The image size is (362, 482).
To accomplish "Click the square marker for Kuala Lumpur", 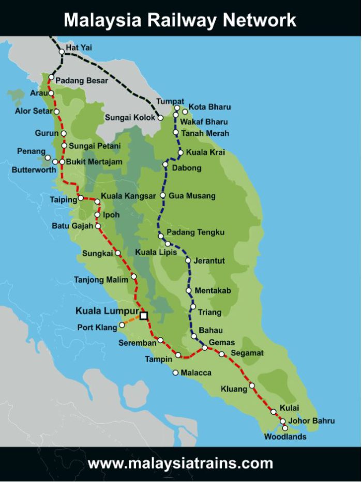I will [x=144, y=315].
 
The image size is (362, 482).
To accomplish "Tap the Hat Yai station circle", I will [x=62, y=52].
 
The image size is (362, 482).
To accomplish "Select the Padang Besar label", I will [x=82, y=81].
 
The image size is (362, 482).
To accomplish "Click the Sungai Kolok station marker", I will [x=161, y=118].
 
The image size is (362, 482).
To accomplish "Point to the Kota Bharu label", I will [x=209, y=107].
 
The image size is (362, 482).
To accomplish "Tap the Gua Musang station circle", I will [x=163, y=196].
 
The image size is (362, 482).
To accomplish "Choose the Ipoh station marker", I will [x=97, y=215].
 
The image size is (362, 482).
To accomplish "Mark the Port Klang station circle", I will [x=123, y=325].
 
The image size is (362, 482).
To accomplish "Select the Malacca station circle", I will [x=176, y=372].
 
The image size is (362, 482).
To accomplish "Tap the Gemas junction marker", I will [x=205, y=348].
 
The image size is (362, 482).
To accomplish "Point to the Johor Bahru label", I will [x=312, y=421].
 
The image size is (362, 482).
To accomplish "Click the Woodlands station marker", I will [x=285, y=428].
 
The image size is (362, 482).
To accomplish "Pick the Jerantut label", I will [x=209, y=261].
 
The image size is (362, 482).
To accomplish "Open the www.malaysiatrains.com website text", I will [x=180, y=463].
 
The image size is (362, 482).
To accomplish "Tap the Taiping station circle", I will [x=81, y=198].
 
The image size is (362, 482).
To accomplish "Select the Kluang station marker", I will [x=252, y=385].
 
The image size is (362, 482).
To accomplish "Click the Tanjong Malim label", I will [x=100, y=281].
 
